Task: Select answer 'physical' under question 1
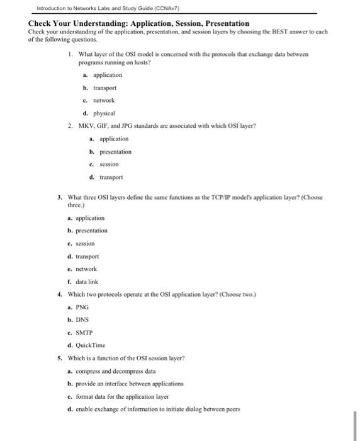(x=104, y=113)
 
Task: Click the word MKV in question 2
(x=85, y=125)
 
